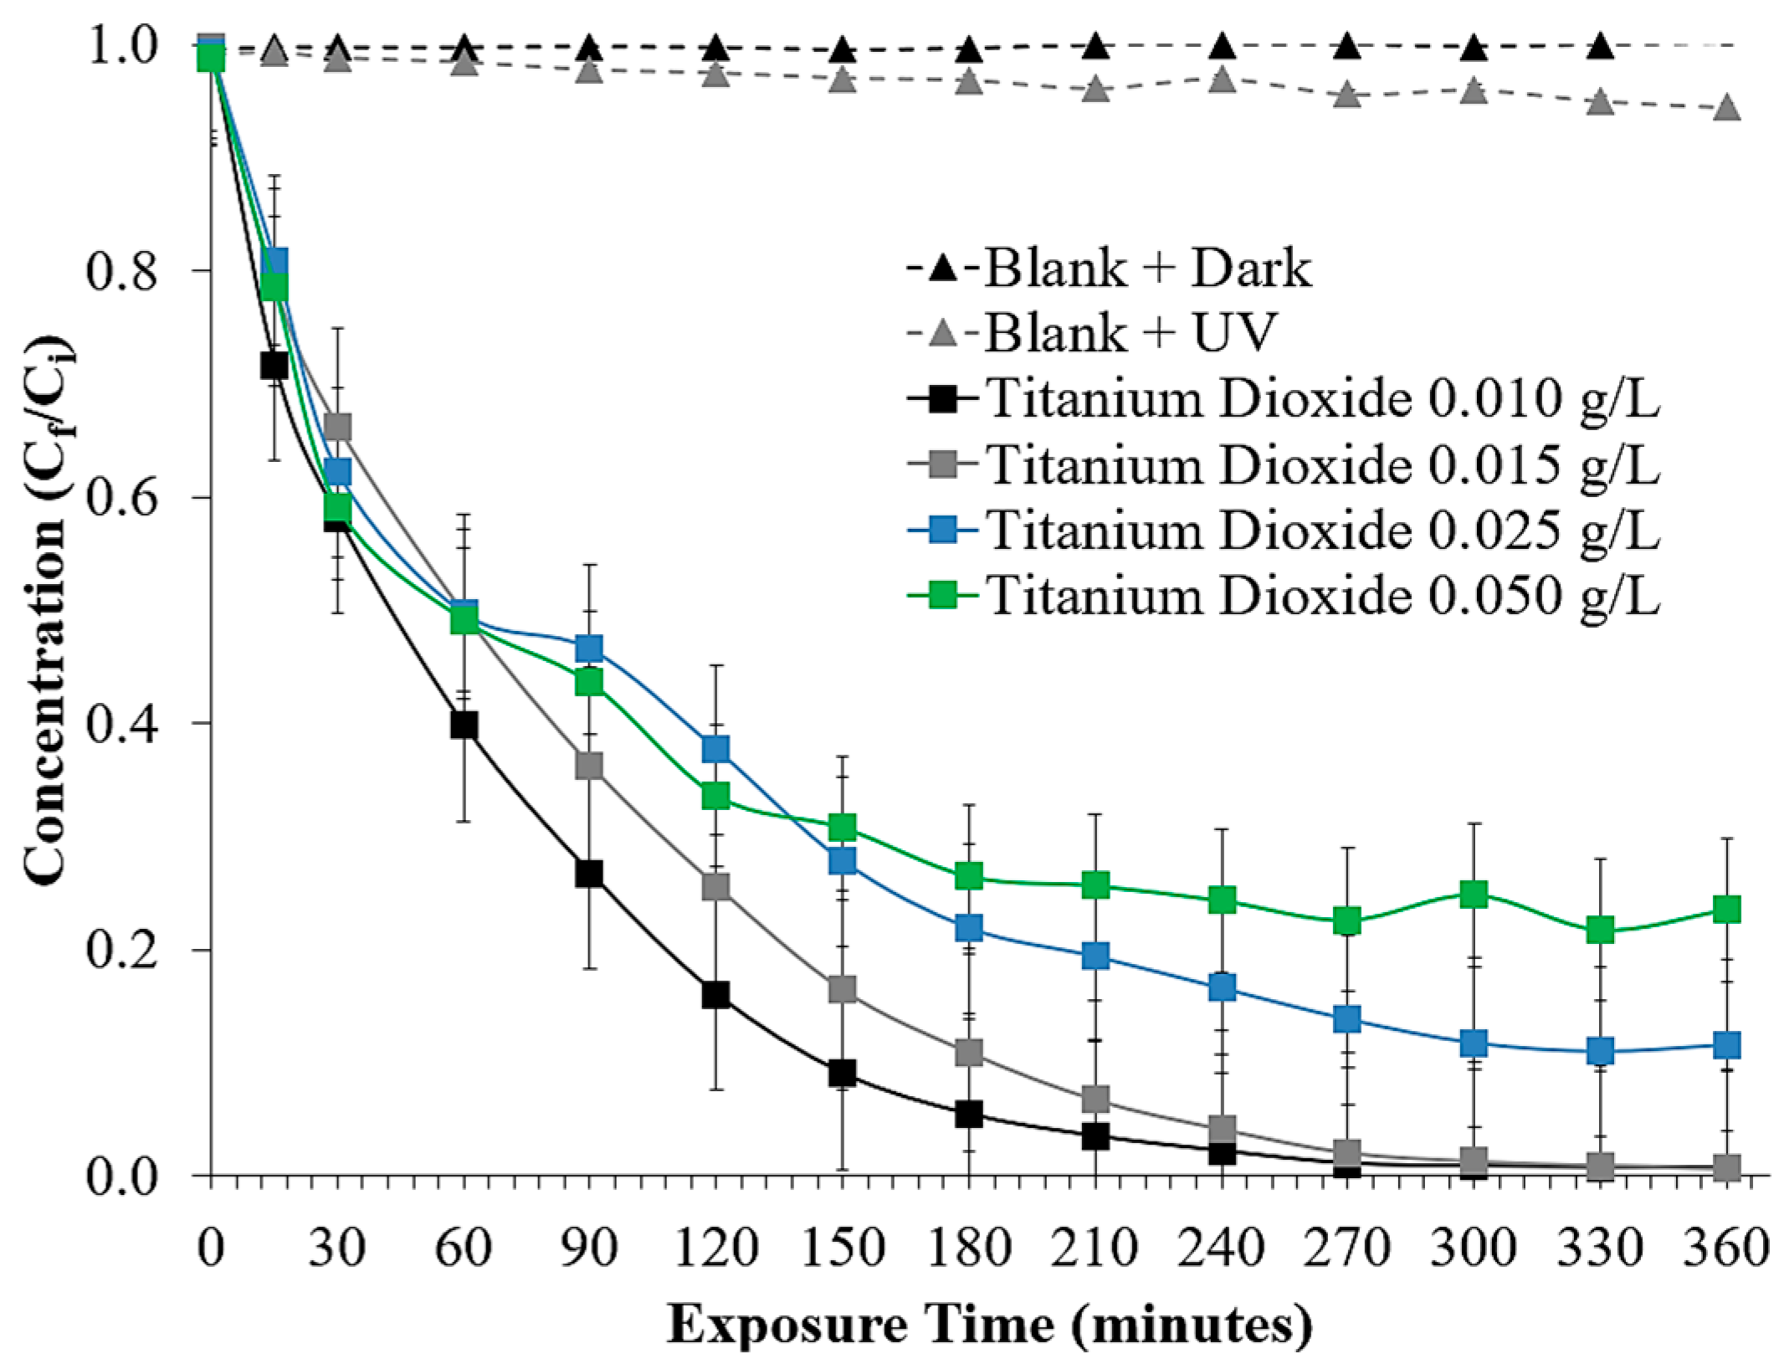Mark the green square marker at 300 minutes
click(1474, 895)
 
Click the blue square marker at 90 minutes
click(589, 649)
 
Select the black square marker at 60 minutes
click(464, 725)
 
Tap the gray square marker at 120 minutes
click(715, 887)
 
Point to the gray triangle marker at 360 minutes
click(1727, 109)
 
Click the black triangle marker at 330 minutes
click(1600, 46)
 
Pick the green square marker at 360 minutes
click(1727, 909)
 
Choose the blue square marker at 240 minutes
click(1223, 988)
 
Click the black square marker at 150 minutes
click(842, 1073)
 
